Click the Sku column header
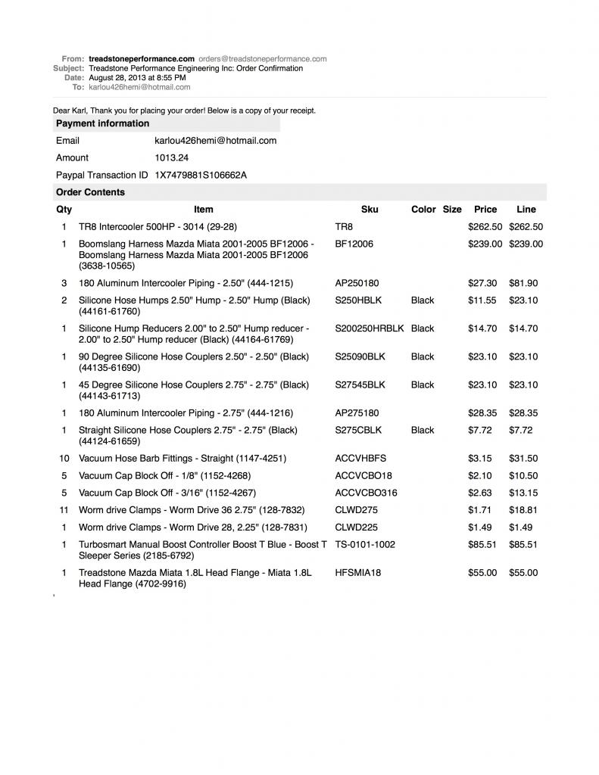370,210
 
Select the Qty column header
64,210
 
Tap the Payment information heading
102,123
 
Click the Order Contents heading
90,192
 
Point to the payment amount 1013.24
171,158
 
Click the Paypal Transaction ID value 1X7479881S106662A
201,176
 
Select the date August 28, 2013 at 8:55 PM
137,78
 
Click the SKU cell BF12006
354,244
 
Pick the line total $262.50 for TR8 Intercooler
526,227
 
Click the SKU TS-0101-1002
365,545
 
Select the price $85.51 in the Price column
482,545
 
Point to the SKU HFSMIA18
357,573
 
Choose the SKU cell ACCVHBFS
360,459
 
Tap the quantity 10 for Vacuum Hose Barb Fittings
64,459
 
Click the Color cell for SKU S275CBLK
423,431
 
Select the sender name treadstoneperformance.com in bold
142,59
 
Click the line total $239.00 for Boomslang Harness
526,244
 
